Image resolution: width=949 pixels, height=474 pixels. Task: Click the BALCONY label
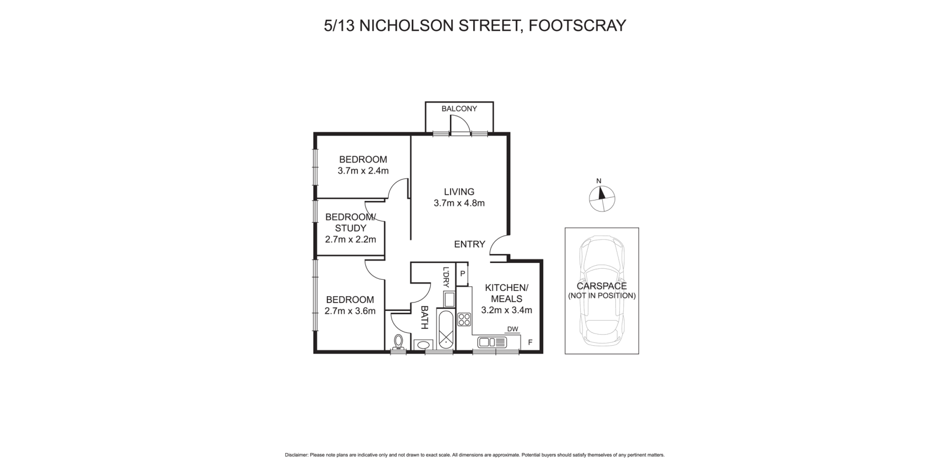coord(459,109)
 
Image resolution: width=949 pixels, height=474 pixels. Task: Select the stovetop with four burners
coord(464,319)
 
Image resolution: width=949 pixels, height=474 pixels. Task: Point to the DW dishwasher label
coord(512,329)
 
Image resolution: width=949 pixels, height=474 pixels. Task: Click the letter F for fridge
coord(530,342)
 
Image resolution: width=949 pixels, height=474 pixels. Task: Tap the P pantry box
coord(462,273)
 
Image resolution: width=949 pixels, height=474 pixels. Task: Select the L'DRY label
coord(446,278)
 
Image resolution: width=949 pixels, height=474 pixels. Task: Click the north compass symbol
coord(602,198)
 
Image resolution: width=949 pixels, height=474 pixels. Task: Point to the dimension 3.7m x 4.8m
coord(459,203)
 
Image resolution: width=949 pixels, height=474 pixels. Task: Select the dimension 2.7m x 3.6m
coord(350,311)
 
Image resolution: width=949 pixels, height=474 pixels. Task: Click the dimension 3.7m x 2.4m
coord(363,171)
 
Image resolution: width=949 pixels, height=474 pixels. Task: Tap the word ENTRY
coord(469,244)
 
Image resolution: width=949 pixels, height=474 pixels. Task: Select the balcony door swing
coord(459,124)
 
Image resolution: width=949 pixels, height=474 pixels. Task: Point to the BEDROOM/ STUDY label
coord(350,223)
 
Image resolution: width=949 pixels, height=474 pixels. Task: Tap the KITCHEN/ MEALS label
coord(506,293)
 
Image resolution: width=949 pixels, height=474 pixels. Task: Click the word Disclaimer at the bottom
coord(296,455)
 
